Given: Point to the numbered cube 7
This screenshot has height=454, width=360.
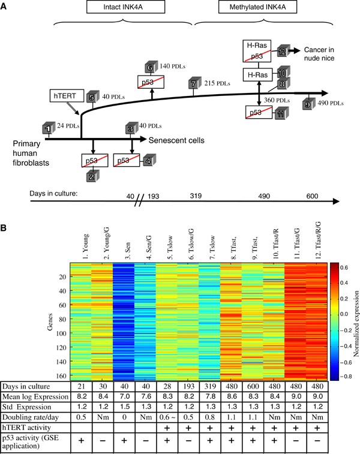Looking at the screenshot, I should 193,84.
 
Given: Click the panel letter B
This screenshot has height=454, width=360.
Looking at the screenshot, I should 5,213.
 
